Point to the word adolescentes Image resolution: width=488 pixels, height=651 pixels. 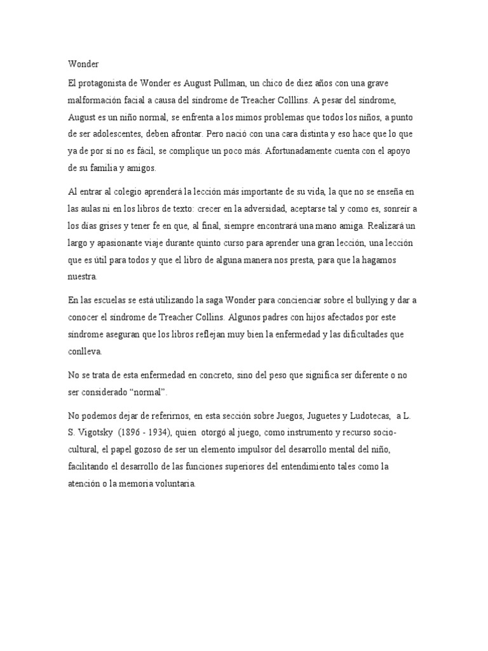113,134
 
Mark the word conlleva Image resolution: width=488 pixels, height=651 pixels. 85,351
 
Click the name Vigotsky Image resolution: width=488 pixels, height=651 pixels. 100,434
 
